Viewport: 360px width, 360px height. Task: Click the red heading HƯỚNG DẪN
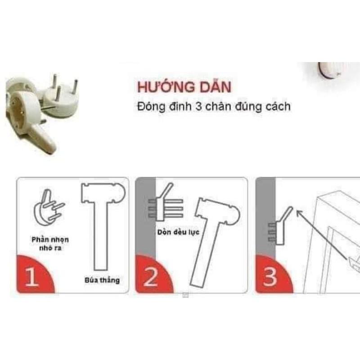tap(184, 87)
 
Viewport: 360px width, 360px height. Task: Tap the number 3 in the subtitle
tap(198, 107)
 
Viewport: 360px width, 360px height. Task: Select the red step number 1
tap(31, 277)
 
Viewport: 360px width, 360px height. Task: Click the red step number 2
tap(150, 277)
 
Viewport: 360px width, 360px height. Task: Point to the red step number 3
tap(270, 277)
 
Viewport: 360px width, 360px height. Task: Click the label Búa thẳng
tap(102, 280)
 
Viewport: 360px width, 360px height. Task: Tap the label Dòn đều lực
tap(178, 232)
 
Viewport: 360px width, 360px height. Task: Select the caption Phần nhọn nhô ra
tap(50, 243)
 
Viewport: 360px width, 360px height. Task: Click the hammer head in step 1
tap(103, 193)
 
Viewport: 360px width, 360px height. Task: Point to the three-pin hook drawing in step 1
tap(49, 207)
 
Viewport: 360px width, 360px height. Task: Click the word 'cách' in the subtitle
tap(278, 107)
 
